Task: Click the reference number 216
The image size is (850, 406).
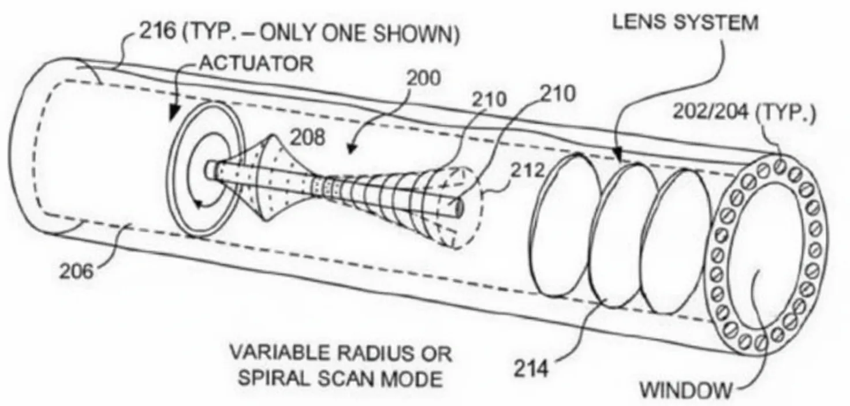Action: [x=158, y=31]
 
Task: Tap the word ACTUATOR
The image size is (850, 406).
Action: [x=257, y=63]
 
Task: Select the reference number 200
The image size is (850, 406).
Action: [x=424, y=78]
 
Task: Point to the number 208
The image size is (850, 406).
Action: [x=307, y=137]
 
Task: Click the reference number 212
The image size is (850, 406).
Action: [x=528, y=171]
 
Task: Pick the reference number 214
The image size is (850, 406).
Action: [x=531, y=368]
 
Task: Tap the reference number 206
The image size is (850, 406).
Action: [x=76, y=271]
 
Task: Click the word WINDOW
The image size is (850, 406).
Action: [x=685, y=390]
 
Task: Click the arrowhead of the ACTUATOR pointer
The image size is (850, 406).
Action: [x=174, y=113]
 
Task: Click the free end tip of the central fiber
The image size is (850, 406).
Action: [x=460, y=208]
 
